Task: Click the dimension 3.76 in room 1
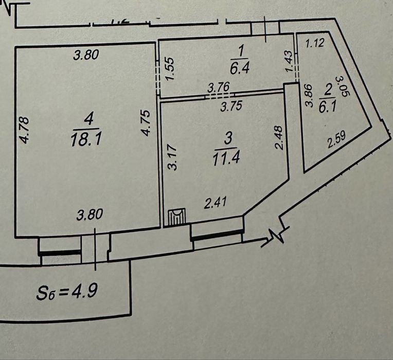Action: click(x=218, y=88)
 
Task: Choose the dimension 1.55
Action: click(x=172, y=67)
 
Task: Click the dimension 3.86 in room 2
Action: click(x=309, y=96)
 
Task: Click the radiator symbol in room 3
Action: click(x=175, y=216)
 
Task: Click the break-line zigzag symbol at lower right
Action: click(x=276, y=236)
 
